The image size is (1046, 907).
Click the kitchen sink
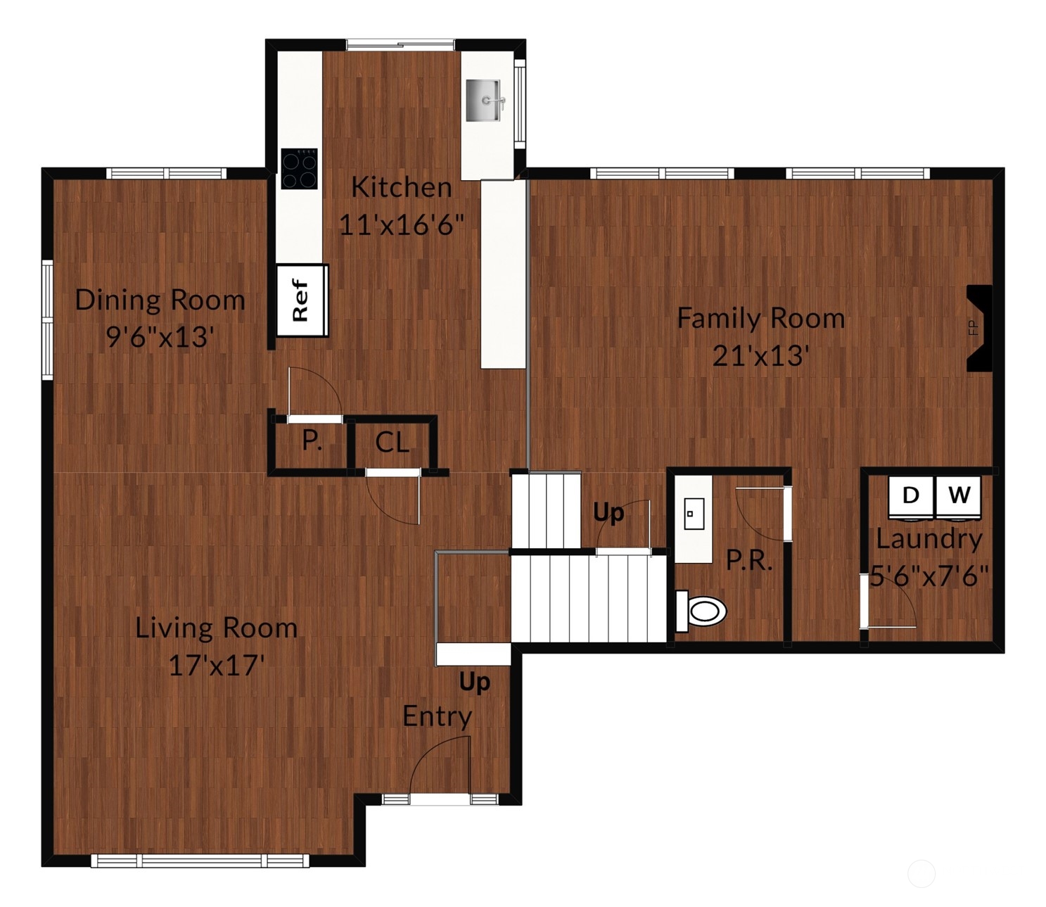coord(485,100)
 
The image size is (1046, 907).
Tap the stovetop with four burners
coord(299,169)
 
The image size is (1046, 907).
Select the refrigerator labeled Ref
coord(302,300)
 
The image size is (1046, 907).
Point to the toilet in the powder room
coord(701,610)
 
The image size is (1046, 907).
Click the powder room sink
coord(694,514)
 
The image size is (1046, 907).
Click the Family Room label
coord(760,319)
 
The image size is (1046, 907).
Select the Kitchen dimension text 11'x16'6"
coord(402,225)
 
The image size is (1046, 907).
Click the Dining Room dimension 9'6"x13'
coord(160,337)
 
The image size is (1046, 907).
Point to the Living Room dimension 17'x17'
coord(216,665)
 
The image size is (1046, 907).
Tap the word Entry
coord(437,716)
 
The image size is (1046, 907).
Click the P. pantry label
coord(312,441)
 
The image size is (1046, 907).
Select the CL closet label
coord(392,443)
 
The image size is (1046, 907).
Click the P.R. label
coord(749,561)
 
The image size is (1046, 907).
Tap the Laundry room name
coord(929,539)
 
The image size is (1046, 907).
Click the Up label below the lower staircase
coord(475,682)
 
